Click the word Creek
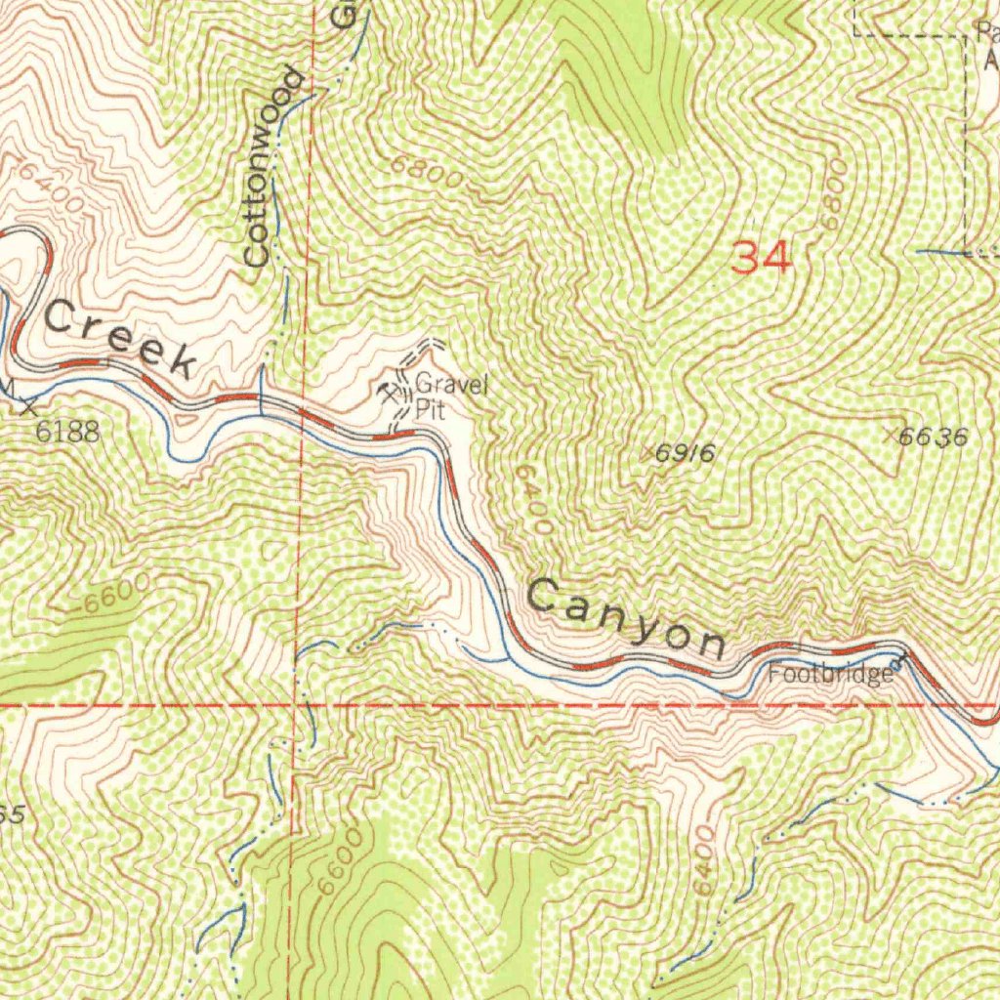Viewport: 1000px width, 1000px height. pos(118,339)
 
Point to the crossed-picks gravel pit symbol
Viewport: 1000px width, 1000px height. pos(389,394)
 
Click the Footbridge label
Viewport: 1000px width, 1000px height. pos(829,675)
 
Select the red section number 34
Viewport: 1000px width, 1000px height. pos(762,259)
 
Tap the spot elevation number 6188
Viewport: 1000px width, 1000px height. pos(67,432)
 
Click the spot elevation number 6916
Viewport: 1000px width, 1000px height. pos(686,453)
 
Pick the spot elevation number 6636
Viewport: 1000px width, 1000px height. pos(934,437)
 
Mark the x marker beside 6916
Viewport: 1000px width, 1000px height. pos(646,452)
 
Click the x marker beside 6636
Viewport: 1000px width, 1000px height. pos(890,435)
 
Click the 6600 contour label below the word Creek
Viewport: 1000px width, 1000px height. pos(116,595)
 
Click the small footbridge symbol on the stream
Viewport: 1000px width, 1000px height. pos(896,660)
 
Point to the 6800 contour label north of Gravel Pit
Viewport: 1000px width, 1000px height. pos(427,172)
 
